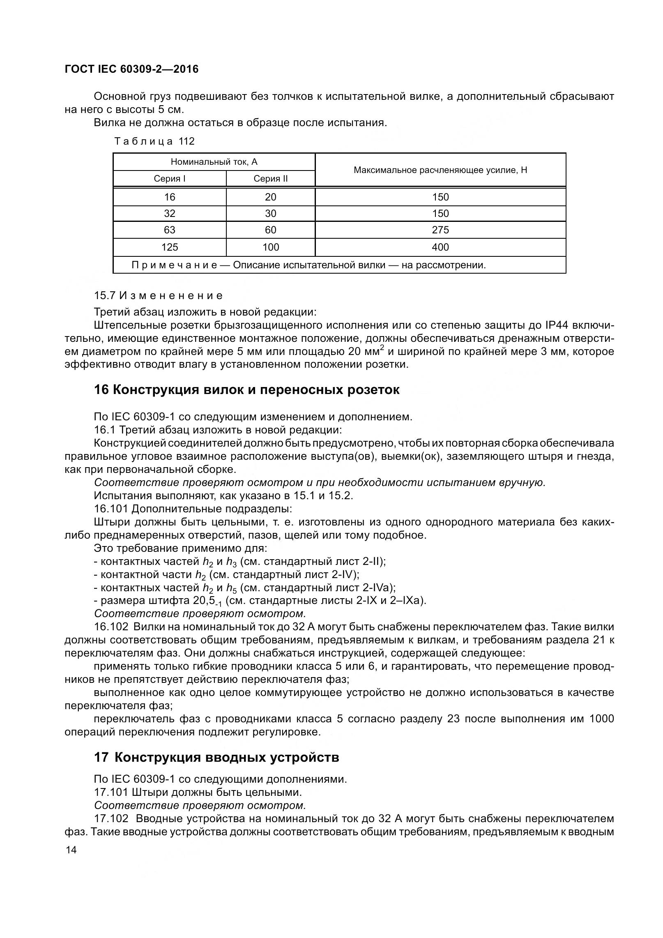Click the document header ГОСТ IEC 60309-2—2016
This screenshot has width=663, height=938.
pos(131,69)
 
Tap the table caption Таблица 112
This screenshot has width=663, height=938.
pos(154,141)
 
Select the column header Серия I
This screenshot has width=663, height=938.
pos(169,179)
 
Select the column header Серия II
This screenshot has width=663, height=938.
pos(270,179)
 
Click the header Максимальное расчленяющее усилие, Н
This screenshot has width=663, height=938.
pos(440,170)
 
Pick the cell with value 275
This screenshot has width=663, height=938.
pos(440,230)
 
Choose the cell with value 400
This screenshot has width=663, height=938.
pos(440,247)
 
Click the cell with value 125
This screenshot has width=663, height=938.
pos(169,247)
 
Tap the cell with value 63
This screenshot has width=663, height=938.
pos(169,230)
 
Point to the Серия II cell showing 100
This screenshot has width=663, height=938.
pos(270,247)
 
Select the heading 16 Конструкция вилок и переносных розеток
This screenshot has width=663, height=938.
pos(246,389)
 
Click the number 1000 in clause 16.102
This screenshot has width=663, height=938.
pos(601,719)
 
